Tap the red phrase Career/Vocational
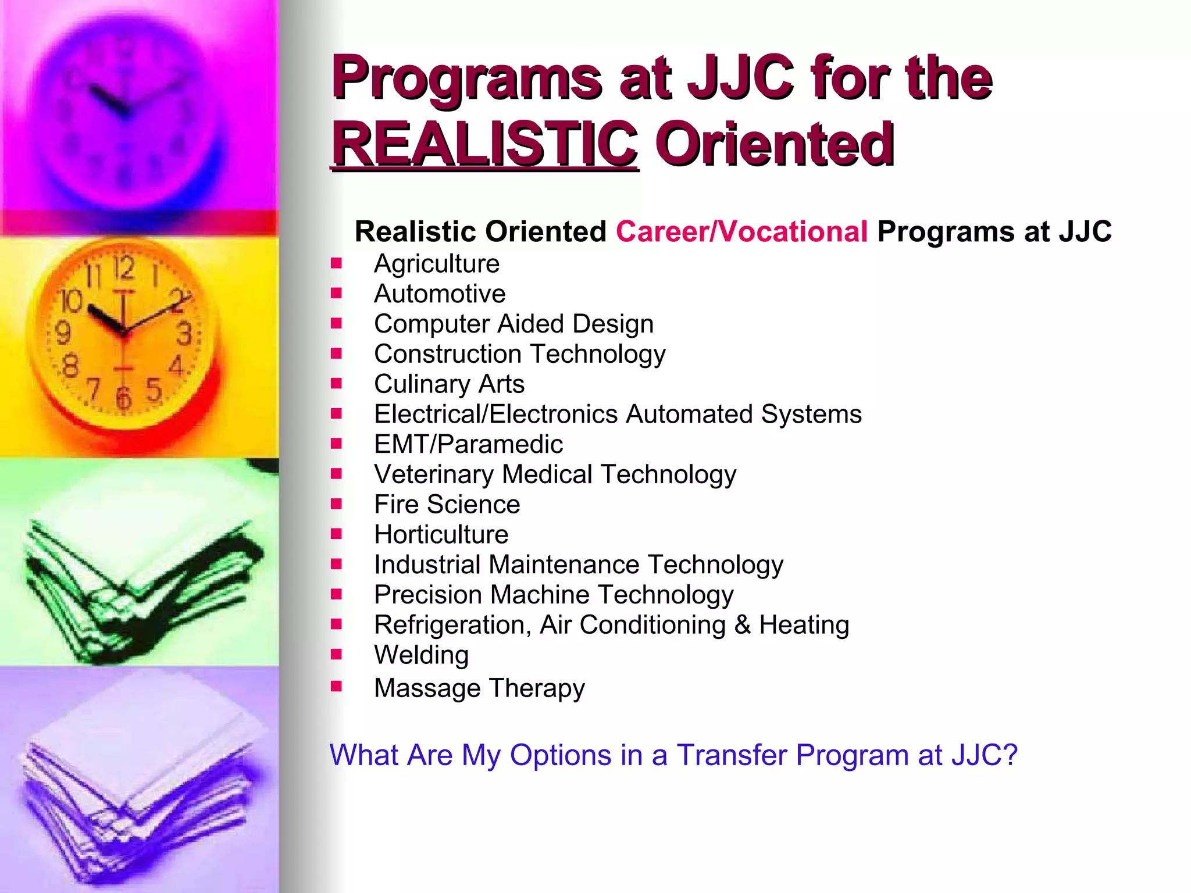pyautogui.click(x=741, y=231)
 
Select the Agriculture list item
pyautogui.click(x=437, y=263)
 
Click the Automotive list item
pyautogui.click(x=440, y=294)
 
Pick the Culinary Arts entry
pyautogui.click(x=449, y=384)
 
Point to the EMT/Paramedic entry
pyautogui.click(x=468, y=444)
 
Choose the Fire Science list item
pyautogui.click(x=447, y=504)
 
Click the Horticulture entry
pyautogui.click(x=441, y=534)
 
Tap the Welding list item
pyautogui.click(x=421, y=655)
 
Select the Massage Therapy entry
pyautogui.click(x=479, y=688)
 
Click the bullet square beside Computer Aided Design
pyautogui.click(x=336, y=323)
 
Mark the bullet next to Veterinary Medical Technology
pyautogui.click(x=336, y=474)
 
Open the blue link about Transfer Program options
pyautogui.click(x=673, y=755)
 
